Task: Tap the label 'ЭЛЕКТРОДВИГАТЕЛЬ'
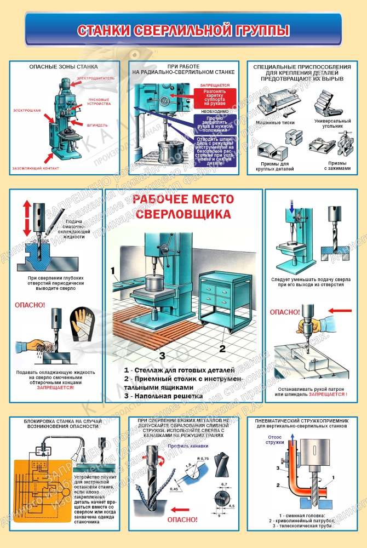(x=96, y=78)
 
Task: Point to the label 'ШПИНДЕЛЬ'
(x=97, y=125)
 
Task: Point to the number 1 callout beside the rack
(x=112, y=271)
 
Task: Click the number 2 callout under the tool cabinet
(x=222, y=347)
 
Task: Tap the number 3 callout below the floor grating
(x=162, y=355)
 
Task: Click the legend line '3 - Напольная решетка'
(x=163, y=396)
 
